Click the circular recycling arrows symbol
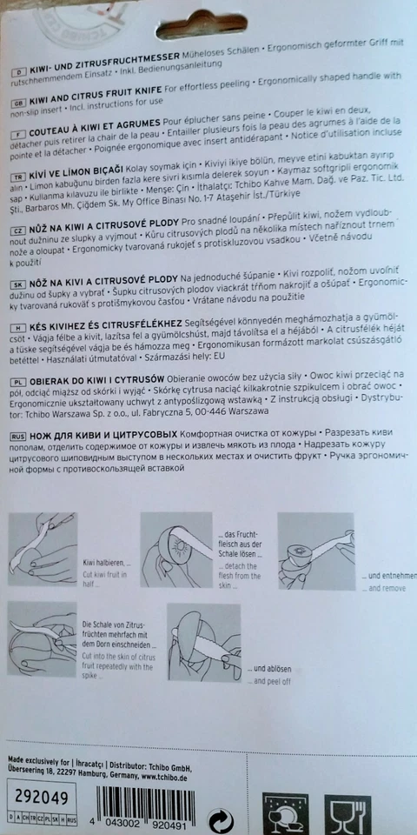click(x=222, y=818)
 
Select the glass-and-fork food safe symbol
click(x=347, y=813)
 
